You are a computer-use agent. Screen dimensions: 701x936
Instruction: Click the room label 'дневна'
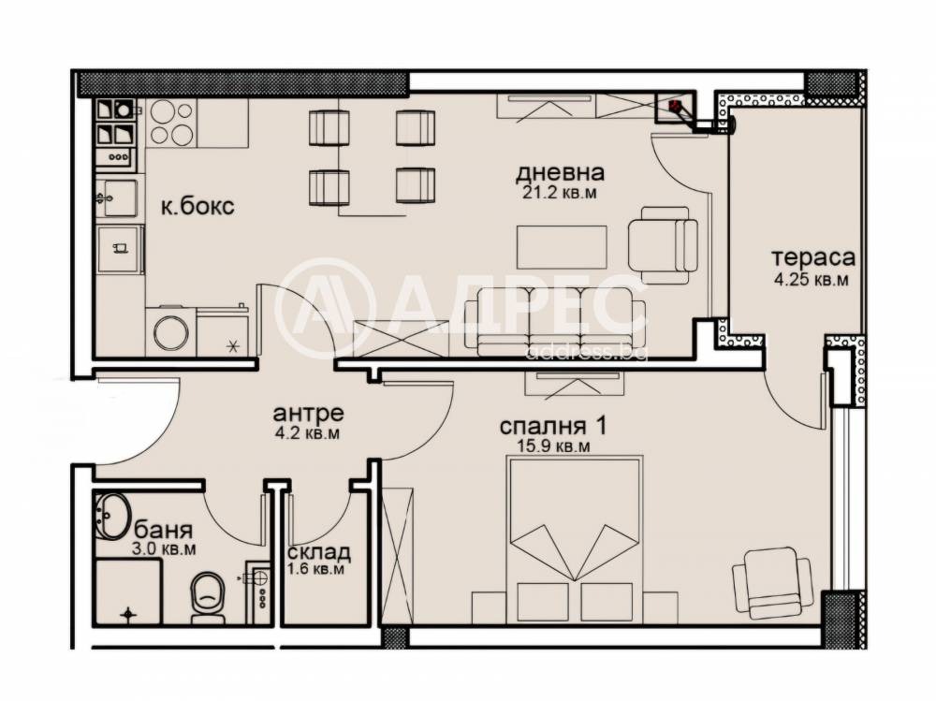[560, 173]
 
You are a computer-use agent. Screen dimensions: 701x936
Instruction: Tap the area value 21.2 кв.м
[560, 193]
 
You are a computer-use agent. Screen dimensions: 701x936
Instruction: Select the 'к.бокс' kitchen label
[197, 207]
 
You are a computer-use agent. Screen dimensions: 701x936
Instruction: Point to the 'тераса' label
[801, 257]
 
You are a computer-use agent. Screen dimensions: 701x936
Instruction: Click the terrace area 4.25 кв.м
[801, 278]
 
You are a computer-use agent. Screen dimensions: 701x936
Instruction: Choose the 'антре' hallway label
[308, 413]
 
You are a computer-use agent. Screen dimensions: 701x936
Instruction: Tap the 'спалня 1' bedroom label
[554, 426]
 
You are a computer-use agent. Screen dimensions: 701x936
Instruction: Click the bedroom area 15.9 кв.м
[554, 446]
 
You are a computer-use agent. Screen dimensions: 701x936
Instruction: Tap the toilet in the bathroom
[207, 596]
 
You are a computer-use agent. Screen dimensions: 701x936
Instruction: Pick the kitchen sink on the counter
[116, 197]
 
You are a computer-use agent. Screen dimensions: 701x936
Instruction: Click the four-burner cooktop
[171, 122]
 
